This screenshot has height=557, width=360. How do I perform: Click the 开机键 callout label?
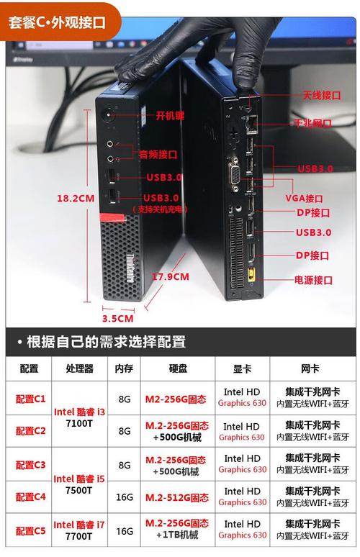coord(171,115)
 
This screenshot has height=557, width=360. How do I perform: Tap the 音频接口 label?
coord(158,154)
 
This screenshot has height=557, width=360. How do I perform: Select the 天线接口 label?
coord(321,95)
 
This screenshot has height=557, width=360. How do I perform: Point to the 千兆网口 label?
coord(312,123)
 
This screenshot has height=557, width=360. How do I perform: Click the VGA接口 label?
coord(305,198)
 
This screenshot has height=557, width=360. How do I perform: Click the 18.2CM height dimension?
coord(76,198)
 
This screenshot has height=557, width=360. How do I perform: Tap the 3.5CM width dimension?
coord(117,317)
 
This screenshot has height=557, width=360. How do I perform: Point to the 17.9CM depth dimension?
coord(171,276)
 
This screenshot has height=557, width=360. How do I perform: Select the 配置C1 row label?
coord(30,398)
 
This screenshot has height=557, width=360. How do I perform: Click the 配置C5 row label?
coord(30,530)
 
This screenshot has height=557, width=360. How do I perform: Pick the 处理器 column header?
coord(79,368)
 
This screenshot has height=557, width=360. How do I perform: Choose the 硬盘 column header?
coord(178,368)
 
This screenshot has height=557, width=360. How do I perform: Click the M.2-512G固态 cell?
coord(177,497)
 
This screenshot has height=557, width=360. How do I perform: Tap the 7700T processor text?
coord(79,537)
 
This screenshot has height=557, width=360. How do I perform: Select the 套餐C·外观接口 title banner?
coord(57,22)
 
